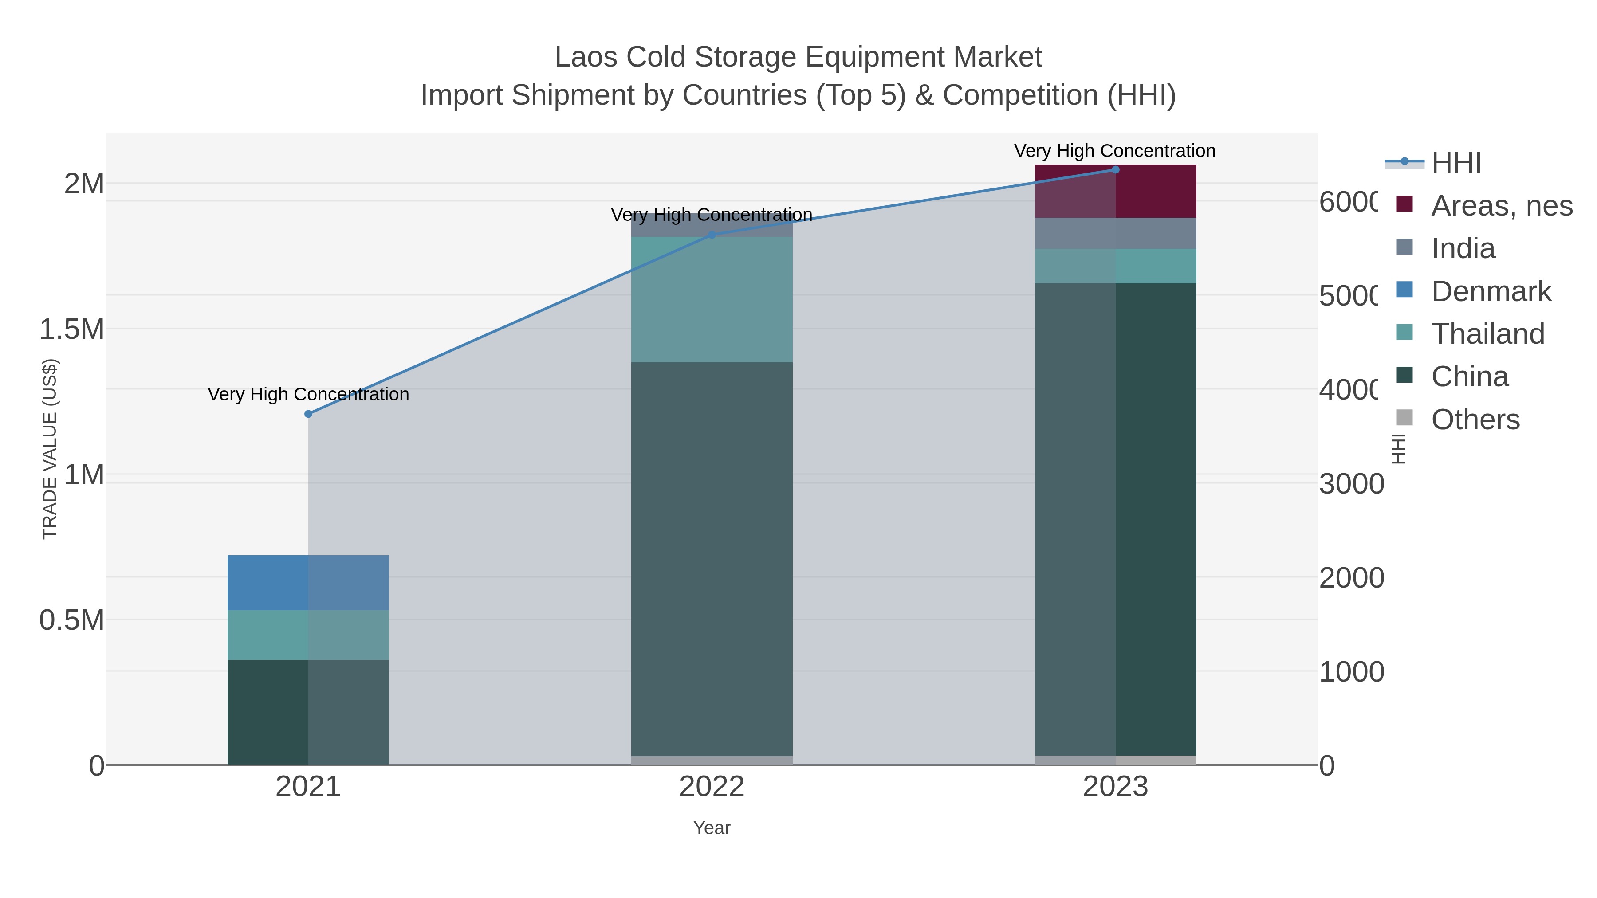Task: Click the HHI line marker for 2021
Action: (308, 414)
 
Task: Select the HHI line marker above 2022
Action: (712, 235)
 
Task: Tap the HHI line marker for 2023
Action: (1115, 170)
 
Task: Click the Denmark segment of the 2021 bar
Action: (308, 583)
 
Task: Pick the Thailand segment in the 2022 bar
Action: (712, 299)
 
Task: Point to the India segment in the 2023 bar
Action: (1115, 233)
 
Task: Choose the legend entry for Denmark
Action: (1491, 291)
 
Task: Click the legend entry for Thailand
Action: (1487, 334)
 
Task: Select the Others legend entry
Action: (1475, 420)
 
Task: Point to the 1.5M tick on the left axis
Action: (72, 329)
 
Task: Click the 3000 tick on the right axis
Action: (1351, 484)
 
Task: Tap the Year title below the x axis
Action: (712, 828)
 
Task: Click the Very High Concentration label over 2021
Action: (308, 394)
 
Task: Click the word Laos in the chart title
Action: (585, 57)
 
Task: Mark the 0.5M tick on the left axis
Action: (72, 620)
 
